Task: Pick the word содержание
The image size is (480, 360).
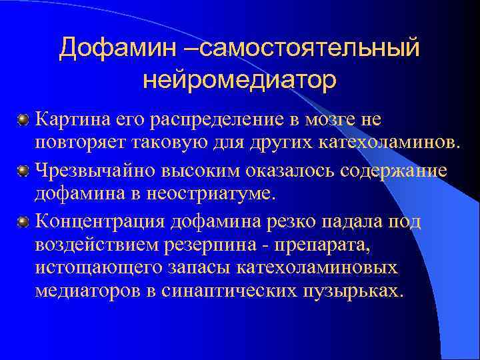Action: (x=393, y=171)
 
